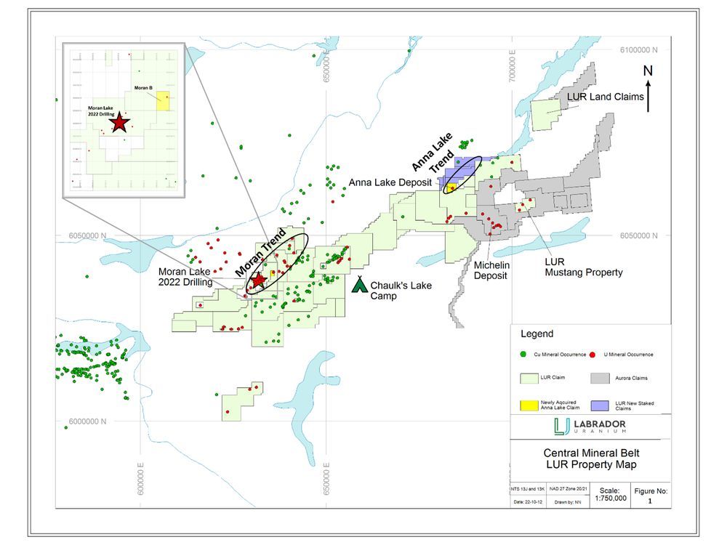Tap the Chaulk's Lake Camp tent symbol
[359, 284]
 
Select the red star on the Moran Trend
[257, 280]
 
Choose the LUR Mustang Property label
[584, 267]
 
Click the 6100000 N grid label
[638, 50]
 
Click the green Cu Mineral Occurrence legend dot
[525, 355]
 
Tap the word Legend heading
[537, 334]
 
